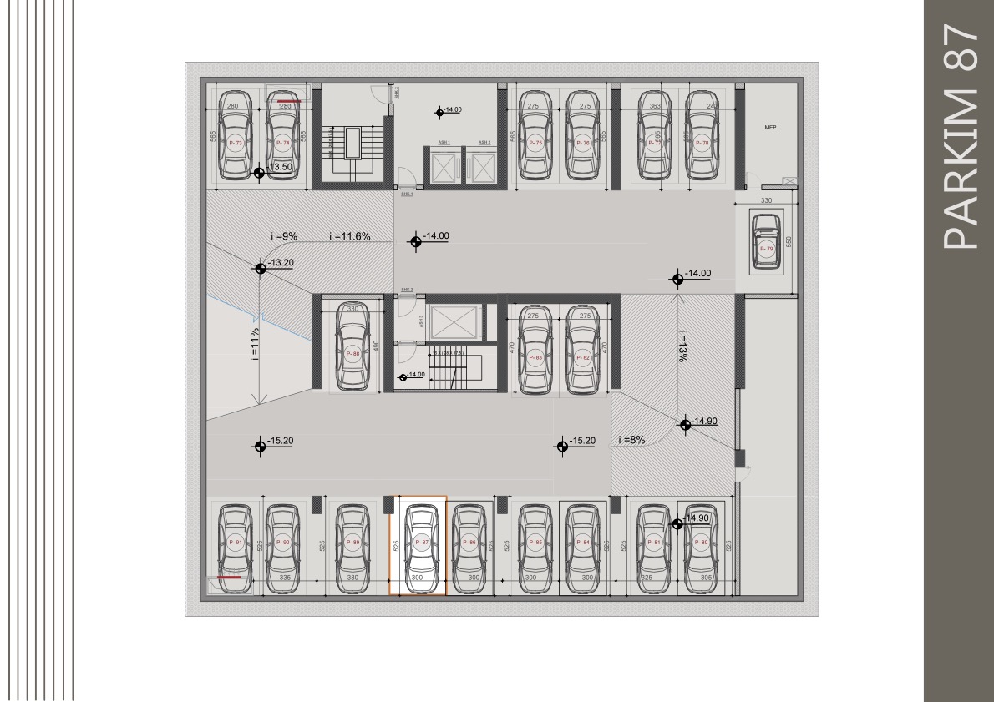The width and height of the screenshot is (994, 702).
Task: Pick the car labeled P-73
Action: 236,136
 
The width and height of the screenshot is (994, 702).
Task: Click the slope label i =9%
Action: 284,236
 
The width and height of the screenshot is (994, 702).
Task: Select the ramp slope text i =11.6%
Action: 350,236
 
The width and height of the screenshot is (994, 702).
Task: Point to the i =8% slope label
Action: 631,440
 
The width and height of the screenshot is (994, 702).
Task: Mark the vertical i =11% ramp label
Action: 255,341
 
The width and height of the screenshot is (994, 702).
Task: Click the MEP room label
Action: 770,128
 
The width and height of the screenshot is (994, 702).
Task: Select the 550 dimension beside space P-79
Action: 788,242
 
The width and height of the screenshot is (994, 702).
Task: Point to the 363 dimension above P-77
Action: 655,106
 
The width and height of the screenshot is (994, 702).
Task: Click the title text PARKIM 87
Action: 959,138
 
